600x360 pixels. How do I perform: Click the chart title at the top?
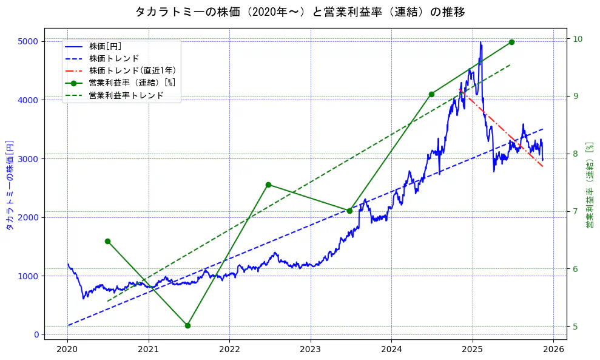tap(300, 12)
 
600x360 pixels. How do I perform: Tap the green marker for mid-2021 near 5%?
tap(187, 325)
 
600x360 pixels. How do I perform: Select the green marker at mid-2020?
tap(107, 241)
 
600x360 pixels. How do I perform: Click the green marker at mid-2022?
tap(268, 185)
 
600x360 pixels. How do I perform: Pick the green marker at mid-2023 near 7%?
tap(349, 211)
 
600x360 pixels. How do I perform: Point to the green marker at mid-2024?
tap(431, 94)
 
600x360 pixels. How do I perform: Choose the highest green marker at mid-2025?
tap(511, 42)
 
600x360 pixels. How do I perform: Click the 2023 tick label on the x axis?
tap(310, 349)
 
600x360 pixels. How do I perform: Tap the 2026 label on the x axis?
tap(553, 349)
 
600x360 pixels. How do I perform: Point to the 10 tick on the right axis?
tap(578, 39)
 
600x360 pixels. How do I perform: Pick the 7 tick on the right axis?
tap(575, 211)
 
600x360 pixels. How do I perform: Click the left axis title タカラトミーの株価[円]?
tap(9, 185)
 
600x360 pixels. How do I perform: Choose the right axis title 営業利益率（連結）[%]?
tap(589, 185)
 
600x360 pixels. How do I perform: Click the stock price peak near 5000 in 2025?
tap(480, 42)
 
